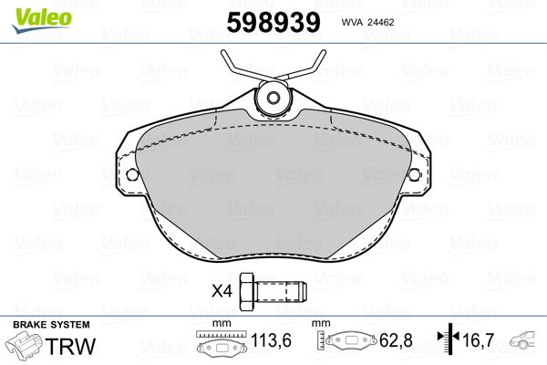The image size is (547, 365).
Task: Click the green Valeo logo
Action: click(x=42, y=20)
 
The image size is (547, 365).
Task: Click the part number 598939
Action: click(x=273, y=22)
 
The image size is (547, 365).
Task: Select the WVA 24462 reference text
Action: click(x=367, y=22)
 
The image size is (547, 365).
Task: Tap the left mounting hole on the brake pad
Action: click(x=132, y=174)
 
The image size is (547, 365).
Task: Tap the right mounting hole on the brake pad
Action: click(x=415, y=174)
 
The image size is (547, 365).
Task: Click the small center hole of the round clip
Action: click(x=273, y=97)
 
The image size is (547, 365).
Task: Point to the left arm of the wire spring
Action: click(x=244, y=67)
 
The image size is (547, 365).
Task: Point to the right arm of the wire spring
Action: click(x=304, y=67)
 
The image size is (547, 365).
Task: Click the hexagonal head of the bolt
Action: click(x=248, y=290)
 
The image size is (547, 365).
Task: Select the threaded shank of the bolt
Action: click(x=281, y=291)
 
